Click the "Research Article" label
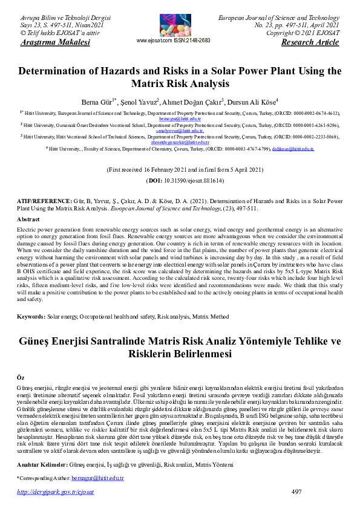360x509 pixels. (x=315, y=43)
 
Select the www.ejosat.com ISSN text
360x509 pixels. (x=174, y=41)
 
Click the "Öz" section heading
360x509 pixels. (x=21, y=377)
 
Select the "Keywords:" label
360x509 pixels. (x=31, y=317)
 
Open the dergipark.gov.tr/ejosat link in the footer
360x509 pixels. (x=55, y=492)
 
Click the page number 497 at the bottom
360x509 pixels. (x=296, y=492)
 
